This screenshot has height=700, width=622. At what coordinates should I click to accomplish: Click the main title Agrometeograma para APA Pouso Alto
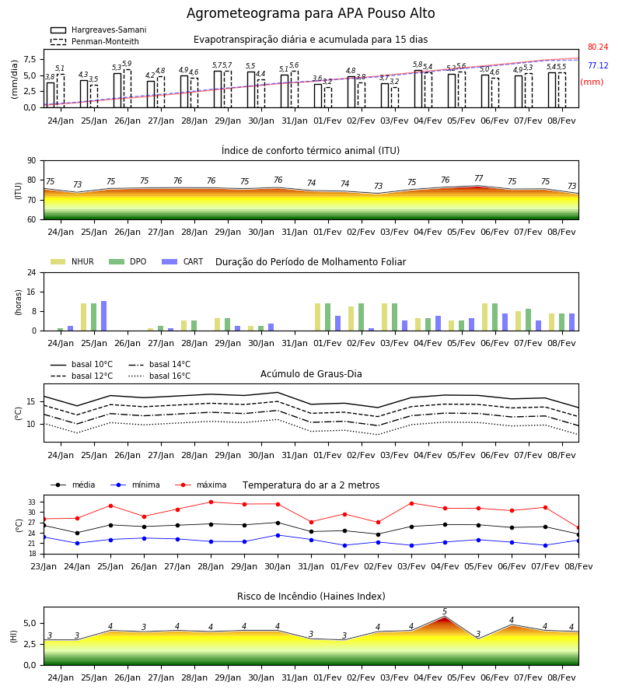(x=310, y=13)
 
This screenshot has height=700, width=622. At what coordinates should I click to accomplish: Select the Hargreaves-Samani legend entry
(x=98, y=30)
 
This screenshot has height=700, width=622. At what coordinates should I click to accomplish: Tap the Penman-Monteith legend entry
(x=95, y=41)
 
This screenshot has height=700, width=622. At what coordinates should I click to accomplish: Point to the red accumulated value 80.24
(x=598, y=47)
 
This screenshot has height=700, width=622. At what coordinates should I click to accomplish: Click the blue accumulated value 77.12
(x=598, y=65)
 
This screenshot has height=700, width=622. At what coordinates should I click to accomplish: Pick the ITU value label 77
(x=479, y=178)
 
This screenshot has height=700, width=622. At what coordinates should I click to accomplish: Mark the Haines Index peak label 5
(x=445, y=611)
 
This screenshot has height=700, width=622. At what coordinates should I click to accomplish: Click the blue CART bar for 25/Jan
(x=104, y=316)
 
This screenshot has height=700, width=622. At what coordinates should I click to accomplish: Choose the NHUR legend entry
(x=72, y=261)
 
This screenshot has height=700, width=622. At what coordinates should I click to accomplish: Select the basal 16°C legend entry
(x=159, y=376)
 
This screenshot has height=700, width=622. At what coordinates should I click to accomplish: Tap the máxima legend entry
(x=201, y=485)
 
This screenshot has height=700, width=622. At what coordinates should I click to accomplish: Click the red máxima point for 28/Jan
(x=211, y=502)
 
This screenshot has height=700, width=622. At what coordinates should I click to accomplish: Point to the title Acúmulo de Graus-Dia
(x=311, y=374)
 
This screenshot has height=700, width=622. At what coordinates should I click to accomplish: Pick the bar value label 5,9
(x=127, y=64)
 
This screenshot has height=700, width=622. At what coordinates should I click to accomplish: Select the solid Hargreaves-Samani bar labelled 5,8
(x=418, y=89)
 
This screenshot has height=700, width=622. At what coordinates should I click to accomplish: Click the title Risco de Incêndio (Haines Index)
(x=311, y=597)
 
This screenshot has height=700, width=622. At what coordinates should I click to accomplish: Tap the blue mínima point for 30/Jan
(x=278, y=535)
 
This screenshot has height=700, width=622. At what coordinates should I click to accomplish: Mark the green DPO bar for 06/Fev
(x=494, y=317)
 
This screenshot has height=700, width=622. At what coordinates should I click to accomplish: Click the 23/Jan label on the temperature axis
(x=44, y=566)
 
